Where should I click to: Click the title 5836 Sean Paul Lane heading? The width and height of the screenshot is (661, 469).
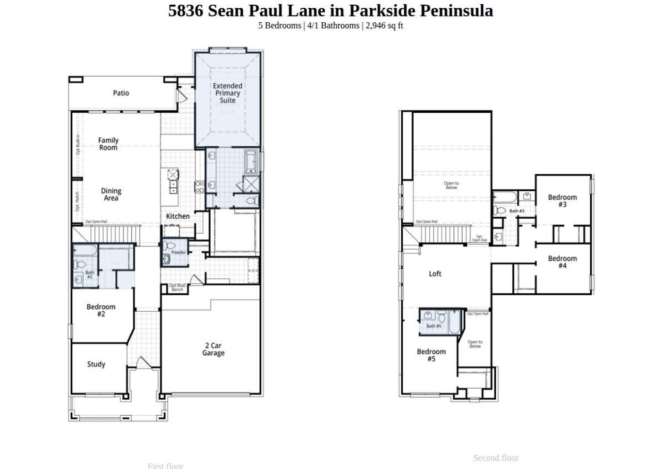click(x=330, y=10)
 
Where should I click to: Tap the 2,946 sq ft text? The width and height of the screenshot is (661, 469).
click(x=384, y=25)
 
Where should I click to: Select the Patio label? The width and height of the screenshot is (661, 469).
click(x=121, y=93)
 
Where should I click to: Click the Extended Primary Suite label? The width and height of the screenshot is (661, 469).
click(x=227, y=93)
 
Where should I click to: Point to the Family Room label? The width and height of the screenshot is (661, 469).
click(x=108, y=144)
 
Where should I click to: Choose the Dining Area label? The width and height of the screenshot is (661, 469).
click(x=111, y=194)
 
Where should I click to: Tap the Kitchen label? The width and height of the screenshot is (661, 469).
click(x=178, y=216)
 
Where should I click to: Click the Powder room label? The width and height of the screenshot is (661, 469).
click(x=178, y=252)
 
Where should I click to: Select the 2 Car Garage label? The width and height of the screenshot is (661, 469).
click(x=213, y=349)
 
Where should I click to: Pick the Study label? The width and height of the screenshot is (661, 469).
click(x=96, y=364)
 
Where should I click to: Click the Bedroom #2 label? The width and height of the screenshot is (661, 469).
click(x=101, y=310)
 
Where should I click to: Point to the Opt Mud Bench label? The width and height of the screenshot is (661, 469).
click(x=177, y=288)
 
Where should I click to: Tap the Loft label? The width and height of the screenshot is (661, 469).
click(x=435, y=274)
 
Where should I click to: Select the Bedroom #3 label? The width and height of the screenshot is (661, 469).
click(x=562, y=201)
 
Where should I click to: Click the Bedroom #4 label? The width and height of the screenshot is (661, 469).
click(x=562, y=262)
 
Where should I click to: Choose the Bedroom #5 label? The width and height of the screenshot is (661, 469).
click(x=431, y=355)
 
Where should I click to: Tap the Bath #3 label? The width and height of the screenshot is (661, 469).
click(x=516, y=211)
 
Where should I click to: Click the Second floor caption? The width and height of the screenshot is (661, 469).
click(x=496, y=458)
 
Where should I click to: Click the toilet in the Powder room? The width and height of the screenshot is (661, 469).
click(x=171, y=246)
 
